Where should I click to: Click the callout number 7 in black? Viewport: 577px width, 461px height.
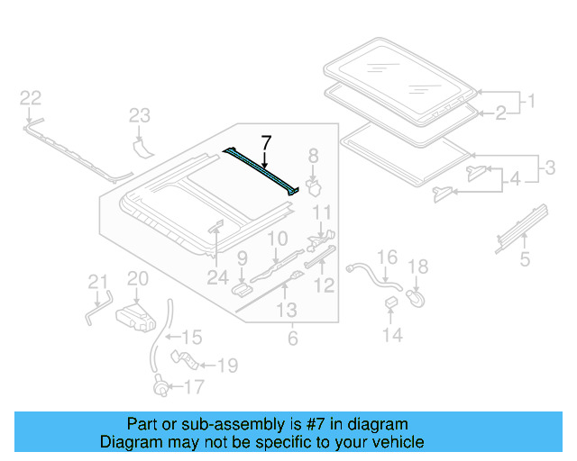[265, 142]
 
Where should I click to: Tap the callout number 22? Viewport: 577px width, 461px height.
[31, 97]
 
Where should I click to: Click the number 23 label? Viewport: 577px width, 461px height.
[140, 114]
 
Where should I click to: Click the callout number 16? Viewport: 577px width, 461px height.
[386, 258]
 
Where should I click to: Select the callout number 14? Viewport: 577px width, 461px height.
[392, 335]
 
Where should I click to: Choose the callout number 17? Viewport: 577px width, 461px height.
[194, 387]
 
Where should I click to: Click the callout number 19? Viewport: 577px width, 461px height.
[227, 366]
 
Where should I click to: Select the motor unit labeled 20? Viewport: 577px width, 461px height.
[137, 315]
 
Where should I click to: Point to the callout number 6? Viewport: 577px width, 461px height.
[291, 339]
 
